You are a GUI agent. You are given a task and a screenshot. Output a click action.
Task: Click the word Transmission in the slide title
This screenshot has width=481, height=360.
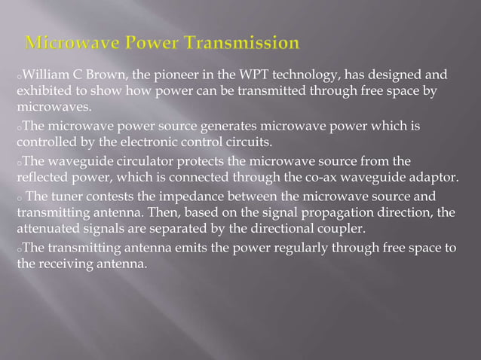[x=239, y=43]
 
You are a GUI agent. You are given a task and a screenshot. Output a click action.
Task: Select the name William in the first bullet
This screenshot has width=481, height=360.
[x=45, y=75]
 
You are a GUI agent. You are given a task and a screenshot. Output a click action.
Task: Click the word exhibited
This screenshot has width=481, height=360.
[x=44, y=91]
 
